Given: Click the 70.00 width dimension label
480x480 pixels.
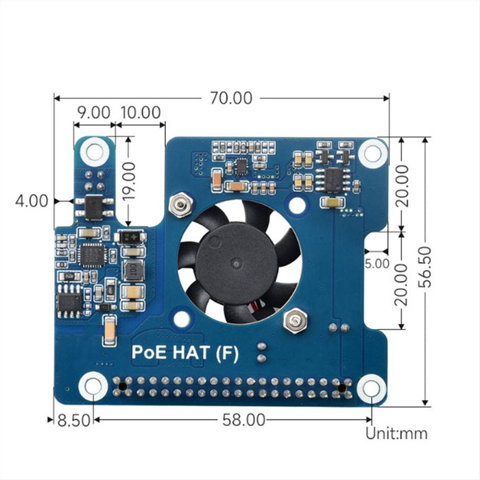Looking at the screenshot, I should [x=231, y=98].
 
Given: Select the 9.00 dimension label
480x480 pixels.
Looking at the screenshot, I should [x=93, y=112].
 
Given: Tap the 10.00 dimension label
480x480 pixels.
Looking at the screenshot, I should [x=141, y=112].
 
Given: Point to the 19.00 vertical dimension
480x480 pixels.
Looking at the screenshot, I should [x=129, y=180].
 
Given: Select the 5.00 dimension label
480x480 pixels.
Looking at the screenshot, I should [x=377, y=263].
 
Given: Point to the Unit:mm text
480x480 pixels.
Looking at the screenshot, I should [x=396, y=433].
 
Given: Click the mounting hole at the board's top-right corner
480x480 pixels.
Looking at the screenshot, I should [x=373, y=152].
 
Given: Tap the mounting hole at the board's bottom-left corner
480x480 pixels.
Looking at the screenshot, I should [x=93, y=387].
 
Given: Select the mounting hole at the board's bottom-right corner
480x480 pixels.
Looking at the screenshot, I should [x=371, y=388].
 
